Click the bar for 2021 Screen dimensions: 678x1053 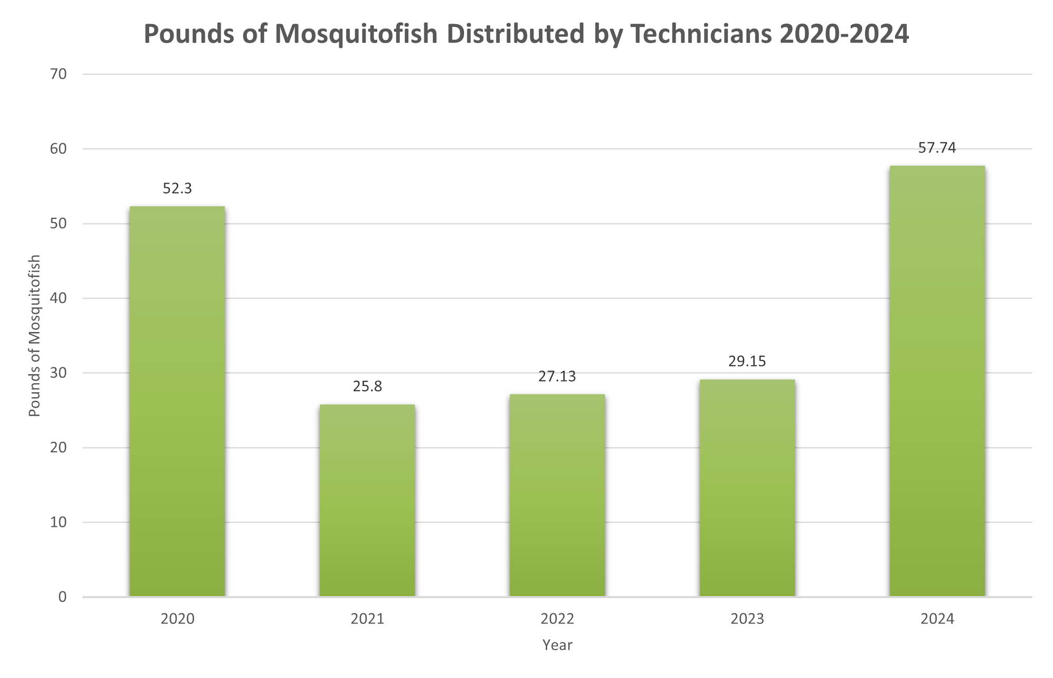[367, 500]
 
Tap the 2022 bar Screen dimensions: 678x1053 [557, 495]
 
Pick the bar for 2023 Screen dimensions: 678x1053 [747, 487]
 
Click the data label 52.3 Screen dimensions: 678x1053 [177, 188]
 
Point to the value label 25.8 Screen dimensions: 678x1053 [367, 386]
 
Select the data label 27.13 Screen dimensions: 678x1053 [557, 376]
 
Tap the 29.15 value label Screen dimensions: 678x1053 [747, 361]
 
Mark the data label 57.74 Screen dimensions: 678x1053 [937, 148]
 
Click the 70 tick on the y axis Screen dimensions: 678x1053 [59, 74]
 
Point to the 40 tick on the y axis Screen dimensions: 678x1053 [59, 298]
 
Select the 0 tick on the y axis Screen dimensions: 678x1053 [63, 597]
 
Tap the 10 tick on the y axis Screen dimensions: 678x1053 [59, 522]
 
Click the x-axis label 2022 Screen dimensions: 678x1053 [557, 619]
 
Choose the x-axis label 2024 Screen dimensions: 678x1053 [937, 619]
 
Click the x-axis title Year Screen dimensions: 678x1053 [557, 645]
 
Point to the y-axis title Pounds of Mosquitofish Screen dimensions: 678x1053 [35, 336]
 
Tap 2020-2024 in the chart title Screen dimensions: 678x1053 [844, 34]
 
